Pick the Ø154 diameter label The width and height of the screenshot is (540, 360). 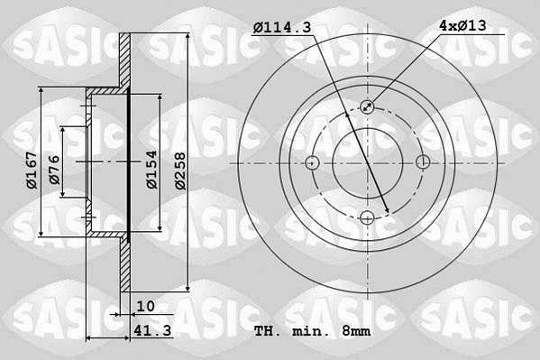pos(152,168)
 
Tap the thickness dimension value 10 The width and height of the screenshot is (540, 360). pos(146,306)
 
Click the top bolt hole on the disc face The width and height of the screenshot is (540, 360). pos(368,107)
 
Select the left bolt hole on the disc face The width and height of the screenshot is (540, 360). pos(313,163)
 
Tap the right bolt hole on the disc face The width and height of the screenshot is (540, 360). pos(424,163)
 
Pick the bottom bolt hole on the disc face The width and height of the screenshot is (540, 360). pos(368,218)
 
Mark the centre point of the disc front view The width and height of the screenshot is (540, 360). pos(368,163)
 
